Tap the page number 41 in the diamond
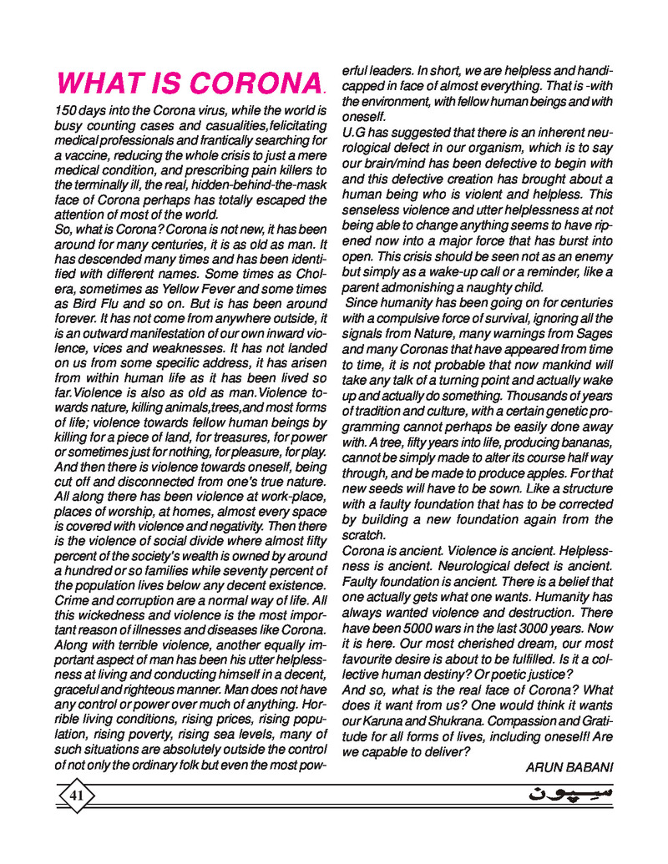click(76, 796)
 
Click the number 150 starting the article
click(68, 110)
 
